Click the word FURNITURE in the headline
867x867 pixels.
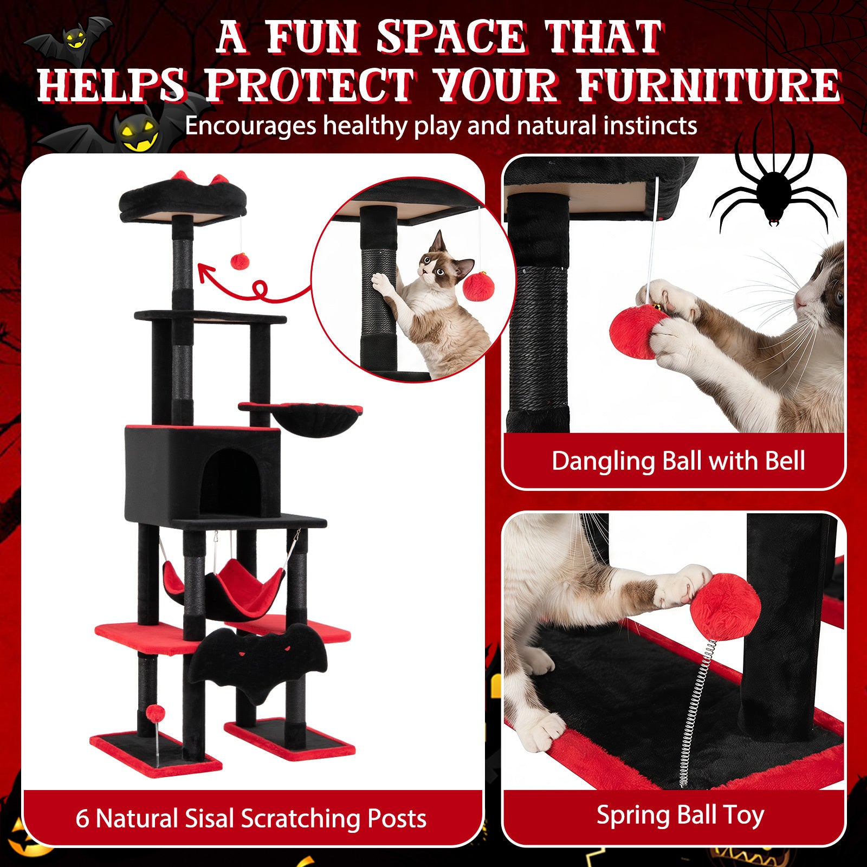(x=709, y=86)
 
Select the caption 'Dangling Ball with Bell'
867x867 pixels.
(x=678, y=461)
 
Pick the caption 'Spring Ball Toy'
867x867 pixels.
(x=680, y=816)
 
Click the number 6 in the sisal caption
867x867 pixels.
(x=82, y=819)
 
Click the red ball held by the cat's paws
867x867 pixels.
(x=637, y=332)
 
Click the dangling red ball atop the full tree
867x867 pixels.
(x=240, y=261)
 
